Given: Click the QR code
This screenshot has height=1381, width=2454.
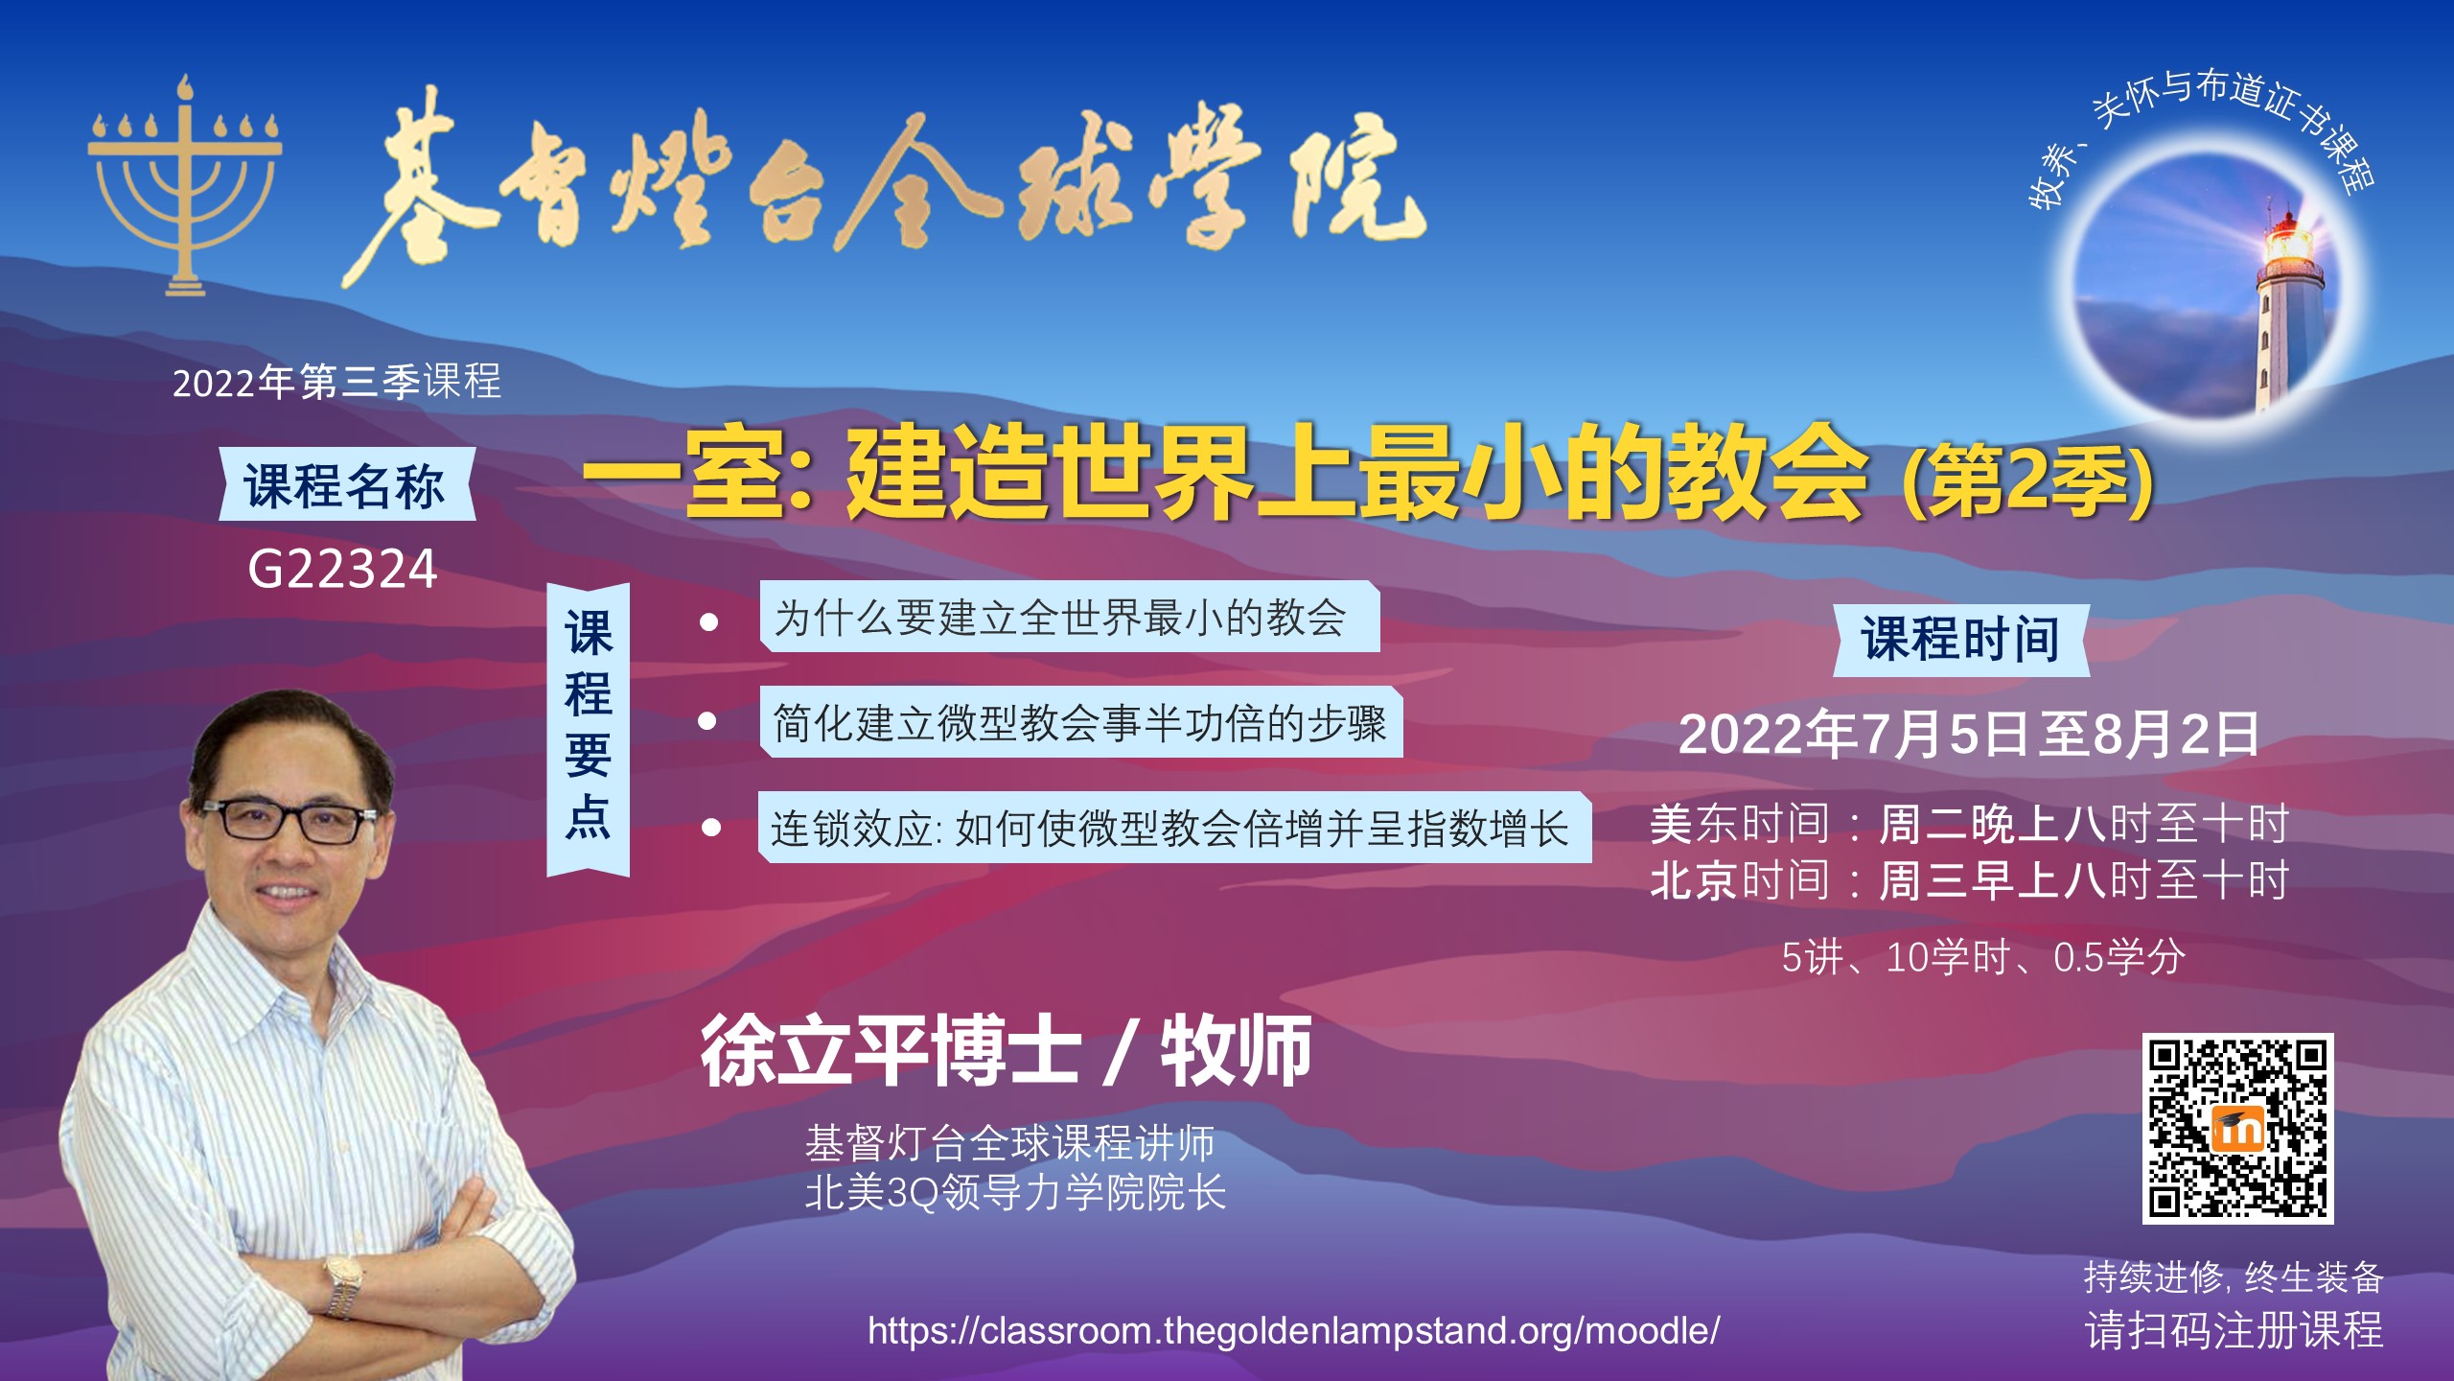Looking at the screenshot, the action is (x=2237, y=1128).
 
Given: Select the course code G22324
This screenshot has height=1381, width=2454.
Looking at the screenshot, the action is (x=342, y=569).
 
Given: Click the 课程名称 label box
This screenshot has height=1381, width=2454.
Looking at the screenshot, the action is (x=346, y=484).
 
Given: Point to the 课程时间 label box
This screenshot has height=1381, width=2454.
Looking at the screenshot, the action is (x=1960, y=640).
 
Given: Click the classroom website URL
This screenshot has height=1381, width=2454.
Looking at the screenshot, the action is (x=1293, y=1330).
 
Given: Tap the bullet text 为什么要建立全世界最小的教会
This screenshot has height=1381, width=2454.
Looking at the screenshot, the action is (x=1060, y=618).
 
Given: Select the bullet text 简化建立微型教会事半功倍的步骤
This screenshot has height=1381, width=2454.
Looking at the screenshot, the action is (x=1079, y=723).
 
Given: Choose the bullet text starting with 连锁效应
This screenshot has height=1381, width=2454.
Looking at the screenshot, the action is (x=1169, y=829).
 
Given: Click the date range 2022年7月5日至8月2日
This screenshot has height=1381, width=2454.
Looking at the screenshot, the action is (x=1969, y=735).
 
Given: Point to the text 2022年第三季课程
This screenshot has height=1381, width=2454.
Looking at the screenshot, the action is (x=336, y=382).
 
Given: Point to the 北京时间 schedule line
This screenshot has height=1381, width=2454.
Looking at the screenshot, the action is (x=1969, y=880).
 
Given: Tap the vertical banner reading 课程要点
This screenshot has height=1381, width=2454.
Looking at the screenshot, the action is (x=588, y=729).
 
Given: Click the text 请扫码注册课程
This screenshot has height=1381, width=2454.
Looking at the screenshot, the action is (x=2234, y=1330).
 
